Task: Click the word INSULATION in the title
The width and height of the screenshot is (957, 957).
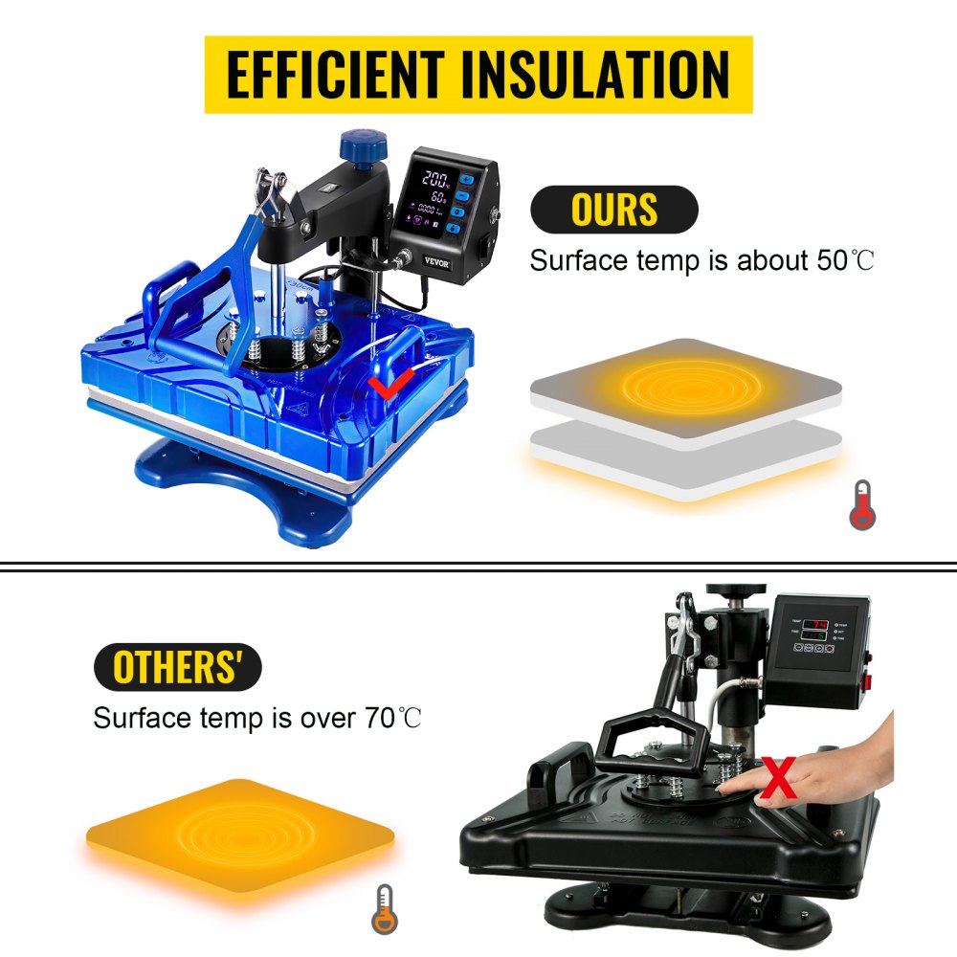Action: point(600,75)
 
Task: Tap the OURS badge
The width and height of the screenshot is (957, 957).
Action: point(613,210)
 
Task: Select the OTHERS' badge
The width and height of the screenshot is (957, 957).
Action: point(177,667)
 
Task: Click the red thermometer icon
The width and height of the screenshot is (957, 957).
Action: point(861,504)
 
